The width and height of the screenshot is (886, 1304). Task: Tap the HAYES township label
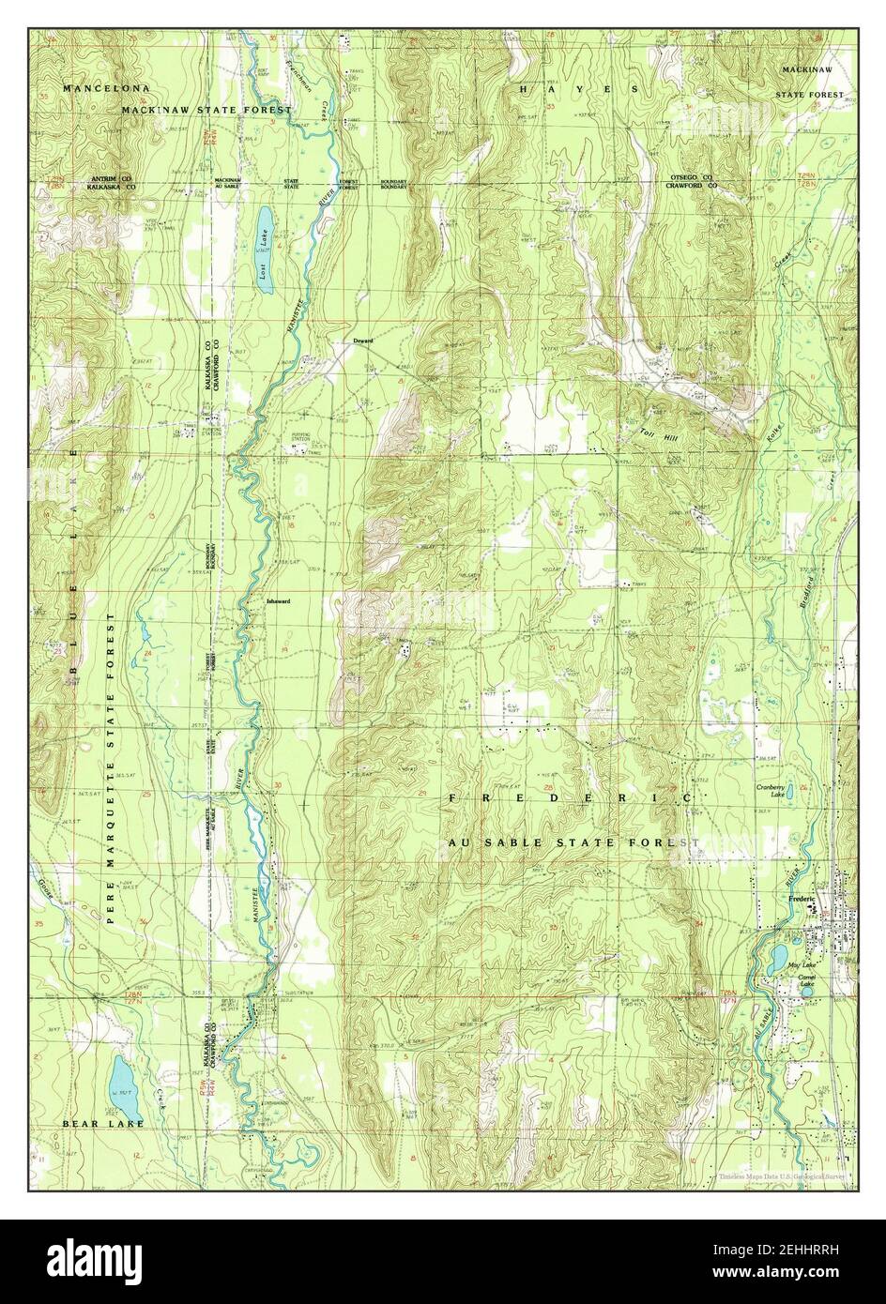[x=579, y=88]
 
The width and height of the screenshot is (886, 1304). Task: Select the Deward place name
[x=363, y=341]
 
